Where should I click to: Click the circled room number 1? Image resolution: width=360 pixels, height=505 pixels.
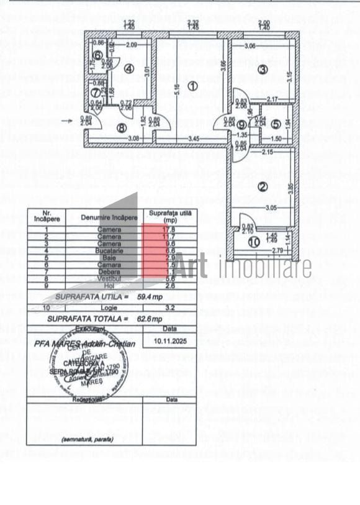click(192, 86)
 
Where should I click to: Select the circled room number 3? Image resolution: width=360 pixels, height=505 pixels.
click(263, 70)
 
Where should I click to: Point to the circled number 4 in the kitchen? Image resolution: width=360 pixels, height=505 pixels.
click(129, 69)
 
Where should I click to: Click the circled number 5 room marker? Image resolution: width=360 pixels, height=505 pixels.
click(275, 124)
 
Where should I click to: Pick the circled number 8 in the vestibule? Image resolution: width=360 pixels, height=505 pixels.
click(122, 128)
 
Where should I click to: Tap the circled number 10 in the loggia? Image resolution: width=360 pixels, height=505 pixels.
click(253, 242)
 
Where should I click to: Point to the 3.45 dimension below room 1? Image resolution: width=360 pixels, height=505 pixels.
click(194, 138)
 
